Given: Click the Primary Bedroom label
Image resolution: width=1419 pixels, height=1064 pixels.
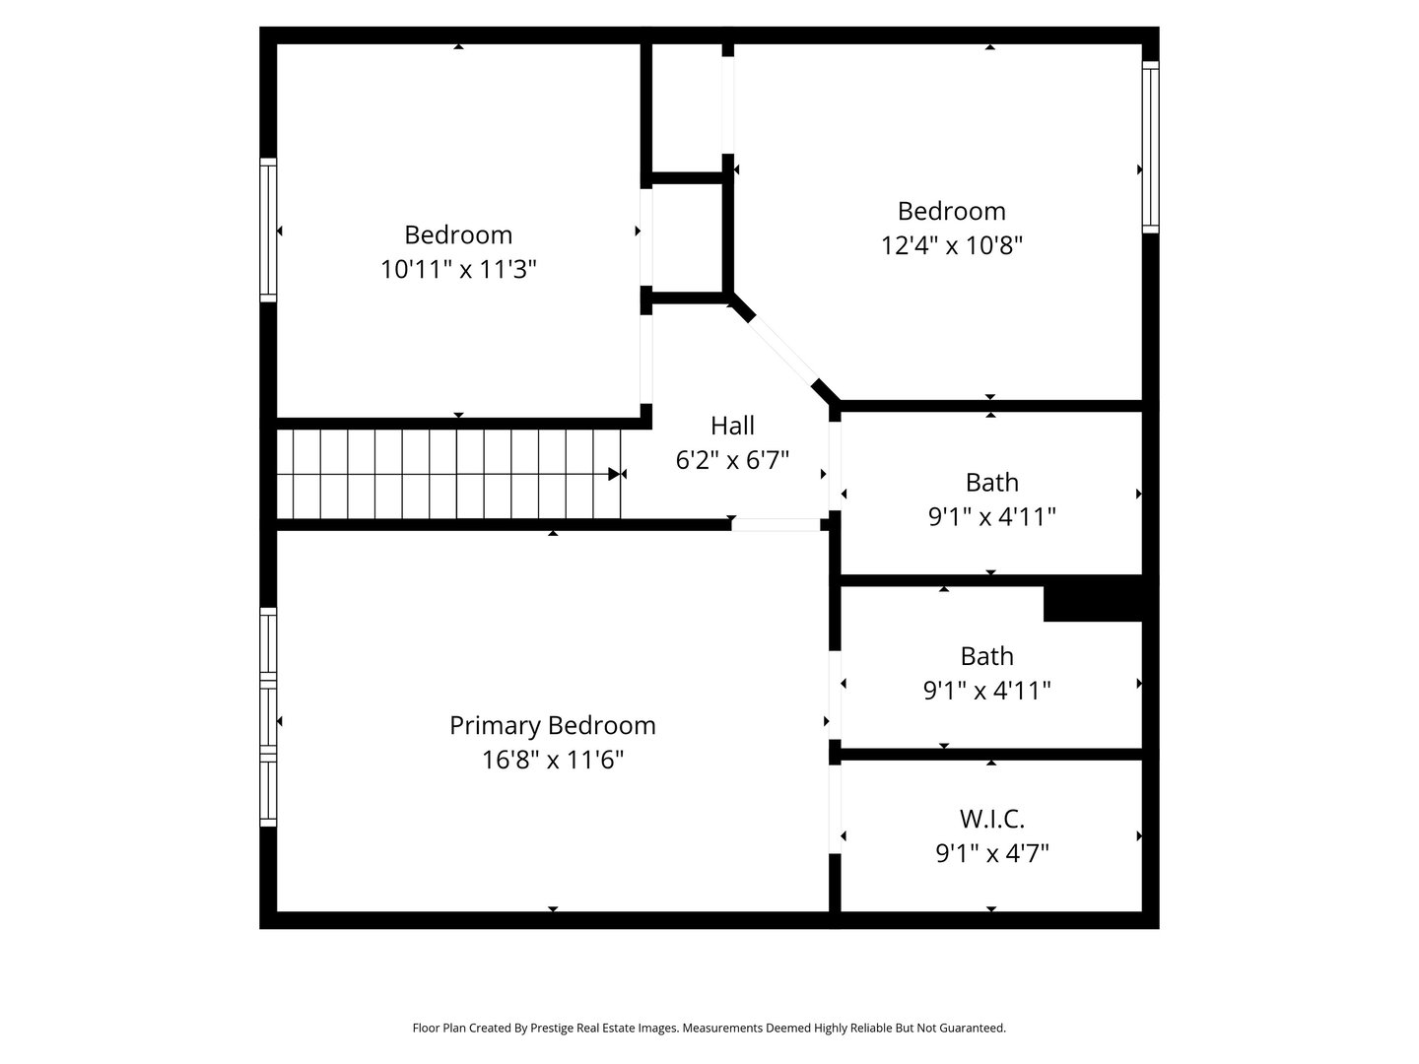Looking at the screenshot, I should coord(552,725).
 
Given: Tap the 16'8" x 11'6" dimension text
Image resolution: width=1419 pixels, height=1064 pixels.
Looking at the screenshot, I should coord(552,760).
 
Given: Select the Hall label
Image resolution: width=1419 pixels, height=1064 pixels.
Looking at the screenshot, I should coord(732,426).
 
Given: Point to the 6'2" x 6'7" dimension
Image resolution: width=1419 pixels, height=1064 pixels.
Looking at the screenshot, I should coord(732,460).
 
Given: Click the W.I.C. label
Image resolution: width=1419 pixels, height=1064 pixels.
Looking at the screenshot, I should coord(991,818).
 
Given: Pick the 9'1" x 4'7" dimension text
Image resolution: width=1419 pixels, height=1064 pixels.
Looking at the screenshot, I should coord(991,852).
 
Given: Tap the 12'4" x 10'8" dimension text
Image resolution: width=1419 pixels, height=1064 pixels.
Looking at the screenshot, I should coord(951,245).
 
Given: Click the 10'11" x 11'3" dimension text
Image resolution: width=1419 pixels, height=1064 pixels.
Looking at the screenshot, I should coord(458,269).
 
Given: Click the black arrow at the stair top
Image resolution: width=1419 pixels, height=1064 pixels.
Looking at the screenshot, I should coord(616,474).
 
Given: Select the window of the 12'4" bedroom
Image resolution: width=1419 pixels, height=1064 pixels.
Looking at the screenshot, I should coord(1150,147).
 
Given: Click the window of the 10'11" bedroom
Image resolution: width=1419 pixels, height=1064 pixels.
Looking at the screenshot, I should coord(268,230).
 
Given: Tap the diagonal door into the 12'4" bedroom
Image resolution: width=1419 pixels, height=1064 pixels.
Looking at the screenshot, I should coord(784,351).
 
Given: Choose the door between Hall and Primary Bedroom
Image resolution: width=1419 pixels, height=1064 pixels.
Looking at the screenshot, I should coord(776,525).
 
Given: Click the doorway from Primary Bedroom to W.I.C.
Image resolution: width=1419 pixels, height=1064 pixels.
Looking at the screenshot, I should coord(835,810).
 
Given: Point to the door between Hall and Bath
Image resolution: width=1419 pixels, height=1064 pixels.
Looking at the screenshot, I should coord(835,466).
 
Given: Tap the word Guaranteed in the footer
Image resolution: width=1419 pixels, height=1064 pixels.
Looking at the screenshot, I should coord(972,1028).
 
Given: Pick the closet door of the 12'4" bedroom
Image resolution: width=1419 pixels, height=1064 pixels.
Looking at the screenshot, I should coord(728,105).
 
